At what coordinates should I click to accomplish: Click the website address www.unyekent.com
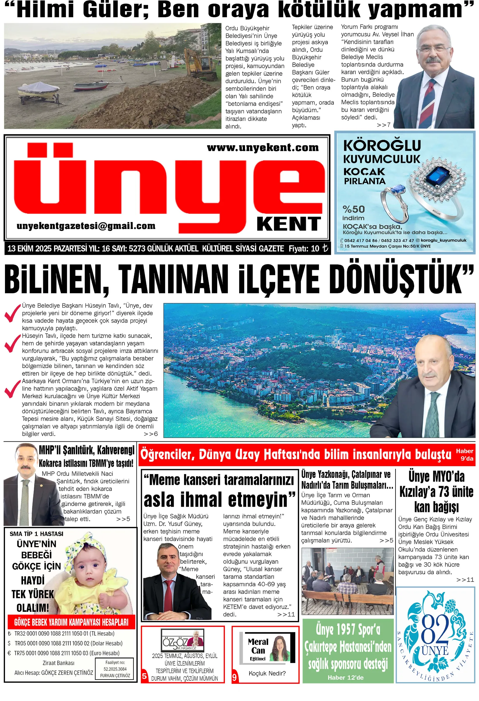pos(262,148)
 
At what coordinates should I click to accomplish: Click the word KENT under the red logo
pos(289,224)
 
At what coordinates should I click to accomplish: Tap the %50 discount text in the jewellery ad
pos(353,209)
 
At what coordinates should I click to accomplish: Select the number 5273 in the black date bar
pos(138,249)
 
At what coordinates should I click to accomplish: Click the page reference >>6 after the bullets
pos(150,434)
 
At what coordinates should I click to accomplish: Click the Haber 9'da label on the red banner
pos(464,454)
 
